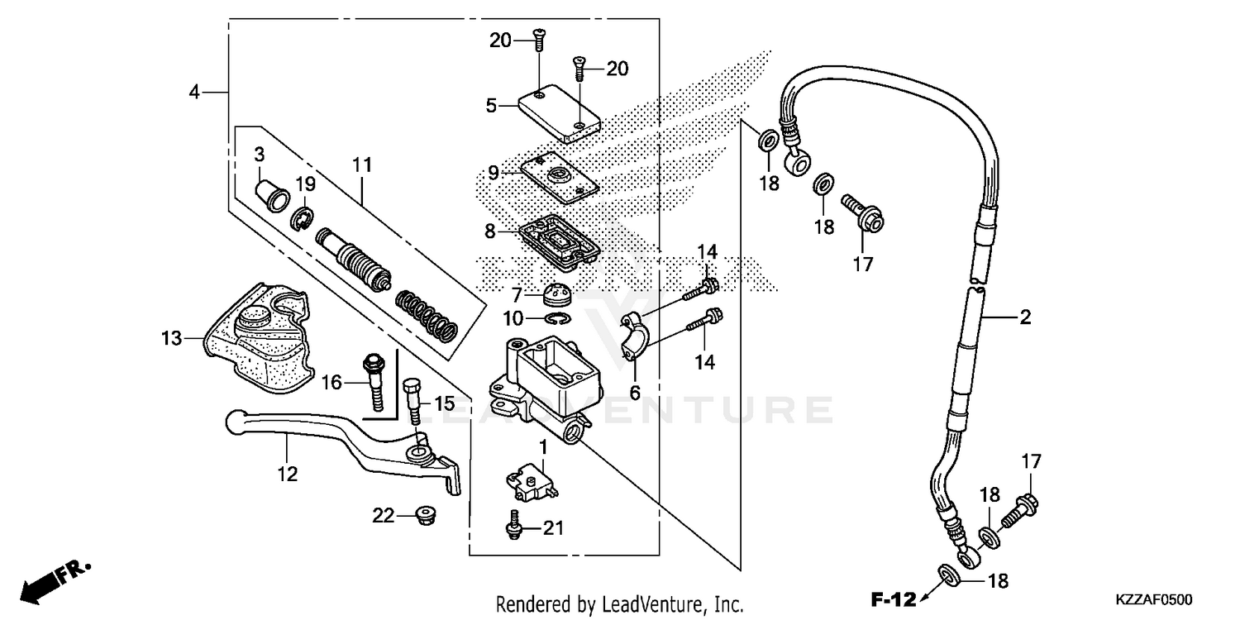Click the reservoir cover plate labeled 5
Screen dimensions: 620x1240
pos(559,114)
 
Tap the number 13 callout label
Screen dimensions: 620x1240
pos(171,337)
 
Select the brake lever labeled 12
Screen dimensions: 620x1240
pos(347,439)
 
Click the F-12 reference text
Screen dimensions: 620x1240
pos(893,598)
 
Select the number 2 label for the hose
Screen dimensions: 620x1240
pos(1025,317)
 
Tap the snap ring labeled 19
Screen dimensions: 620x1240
pos(302,217)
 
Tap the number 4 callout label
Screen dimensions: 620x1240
pos(194,92)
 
